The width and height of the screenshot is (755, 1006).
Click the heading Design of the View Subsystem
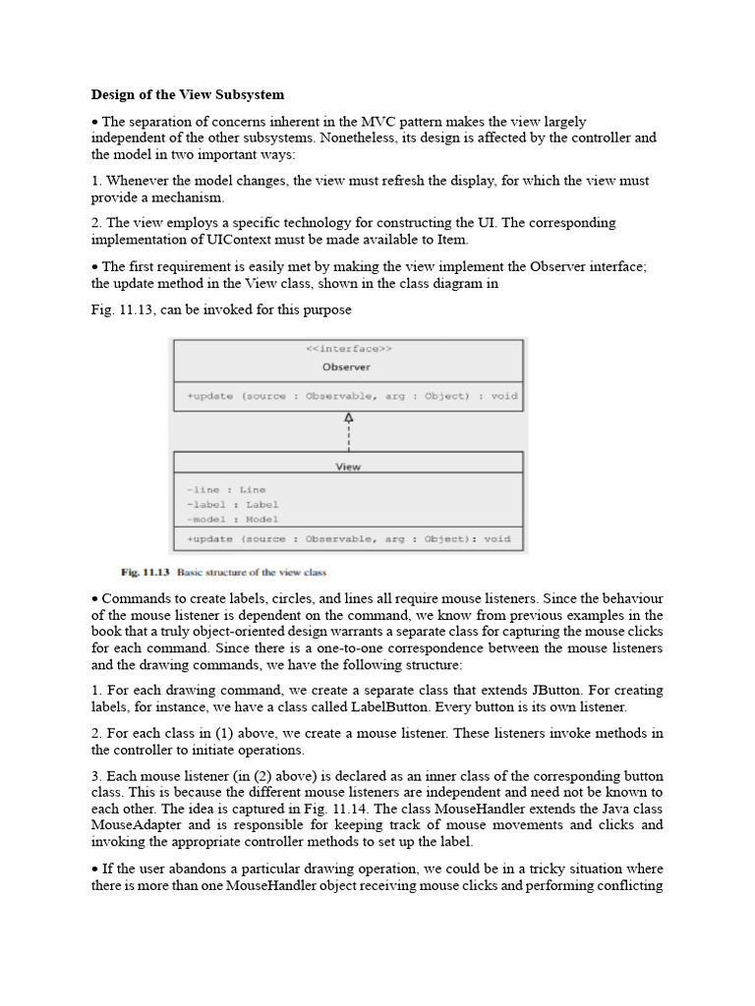click(188, 95)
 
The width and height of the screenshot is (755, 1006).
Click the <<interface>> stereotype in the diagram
click(348, 348)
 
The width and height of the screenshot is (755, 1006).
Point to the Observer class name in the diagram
click(348, 366)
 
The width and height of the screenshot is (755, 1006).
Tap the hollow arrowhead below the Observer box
click(348, 418)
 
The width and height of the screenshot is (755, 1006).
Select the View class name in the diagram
click(348, 467)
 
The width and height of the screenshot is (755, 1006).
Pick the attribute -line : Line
click(225, 489)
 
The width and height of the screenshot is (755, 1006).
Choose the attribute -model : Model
click(232, 519)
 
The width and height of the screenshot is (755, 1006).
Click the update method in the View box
click(348, 538)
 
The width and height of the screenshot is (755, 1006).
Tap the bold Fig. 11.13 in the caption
click(145, 572)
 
